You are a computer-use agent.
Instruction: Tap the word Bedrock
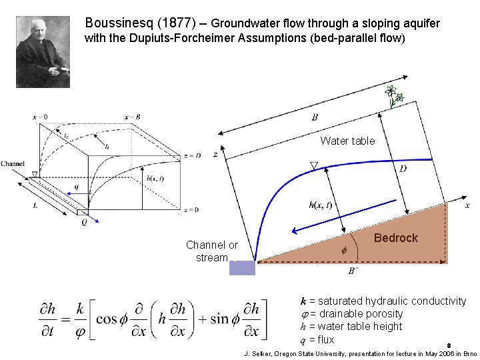396,238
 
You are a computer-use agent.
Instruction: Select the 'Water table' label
347,141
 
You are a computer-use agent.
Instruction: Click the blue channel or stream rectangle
242,268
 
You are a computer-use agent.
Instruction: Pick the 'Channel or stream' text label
212,251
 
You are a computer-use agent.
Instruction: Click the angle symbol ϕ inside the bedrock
344,251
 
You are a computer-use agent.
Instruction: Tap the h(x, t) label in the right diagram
320,205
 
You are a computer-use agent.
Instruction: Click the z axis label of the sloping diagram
215,154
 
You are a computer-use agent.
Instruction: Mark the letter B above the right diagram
315,117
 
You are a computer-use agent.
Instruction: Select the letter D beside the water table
403,169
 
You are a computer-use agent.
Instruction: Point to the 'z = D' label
191,156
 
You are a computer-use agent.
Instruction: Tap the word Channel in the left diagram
13,163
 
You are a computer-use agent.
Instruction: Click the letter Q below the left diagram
84,222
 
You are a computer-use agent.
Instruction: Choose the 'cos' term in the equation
107,319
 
